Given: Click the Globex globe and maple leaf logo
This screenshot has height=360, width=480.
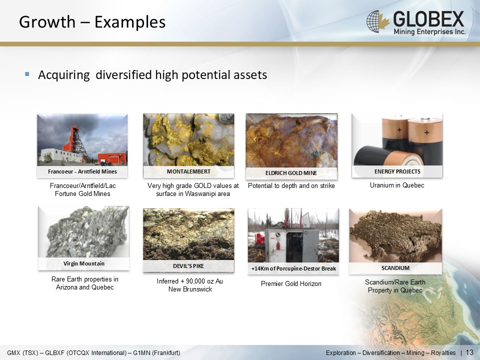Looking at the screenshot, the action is tap(378, 21).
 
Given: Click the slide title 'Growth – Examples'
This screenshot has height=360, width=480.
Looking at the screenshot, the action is tap(92, 22).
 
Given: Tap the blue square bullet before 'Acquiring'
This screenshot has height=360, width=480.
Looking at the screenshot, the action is tap(27, 74).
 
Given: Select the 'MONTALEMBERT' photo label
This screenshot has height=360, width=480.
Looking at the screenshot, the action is tap(188, 171).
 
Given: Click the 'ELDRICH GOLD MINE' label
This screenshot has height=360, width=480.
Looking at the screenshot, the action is tap(291, 173).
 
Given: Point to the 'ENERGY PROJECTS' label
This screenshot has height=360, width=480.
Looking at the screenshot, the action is tap(397, 171).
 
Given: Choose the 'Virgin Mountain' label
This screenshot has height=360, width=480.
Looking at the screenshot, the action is tap(84, 263).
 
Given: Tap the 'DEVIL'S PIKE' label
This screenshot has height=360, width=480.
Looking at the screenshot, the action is tap(188, 266).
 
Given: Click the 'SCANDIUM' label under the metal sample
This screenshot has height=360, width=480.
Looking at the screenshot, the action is tap(395, 268).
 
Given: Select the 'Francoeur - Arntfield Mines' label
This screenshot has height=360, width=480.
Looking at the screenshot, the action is tap(82, 171).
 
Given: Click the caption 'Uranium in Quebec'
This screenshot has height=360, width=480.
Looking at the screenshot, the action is tap(397, 185).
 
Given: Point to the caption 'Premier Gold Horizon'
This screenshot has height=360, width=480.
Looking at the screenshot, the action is tap(291, 284).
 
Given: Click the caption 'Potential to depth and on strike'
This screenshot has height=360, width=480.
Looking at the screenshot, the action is tap(291, 186).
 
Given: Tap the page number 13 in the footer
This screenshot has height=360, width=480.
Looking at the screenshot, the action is tap(469, 352).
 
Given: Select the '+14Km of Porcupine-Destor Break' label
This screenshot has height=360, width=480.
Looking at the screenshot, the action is tap(293, 269).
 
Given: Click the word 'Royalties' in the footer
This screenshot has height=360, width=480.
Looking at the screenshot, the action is tap(443, 353).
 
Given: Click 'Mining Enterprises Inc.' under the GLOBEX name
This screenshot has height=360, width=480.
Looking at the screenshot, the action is tap(429, 31).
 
